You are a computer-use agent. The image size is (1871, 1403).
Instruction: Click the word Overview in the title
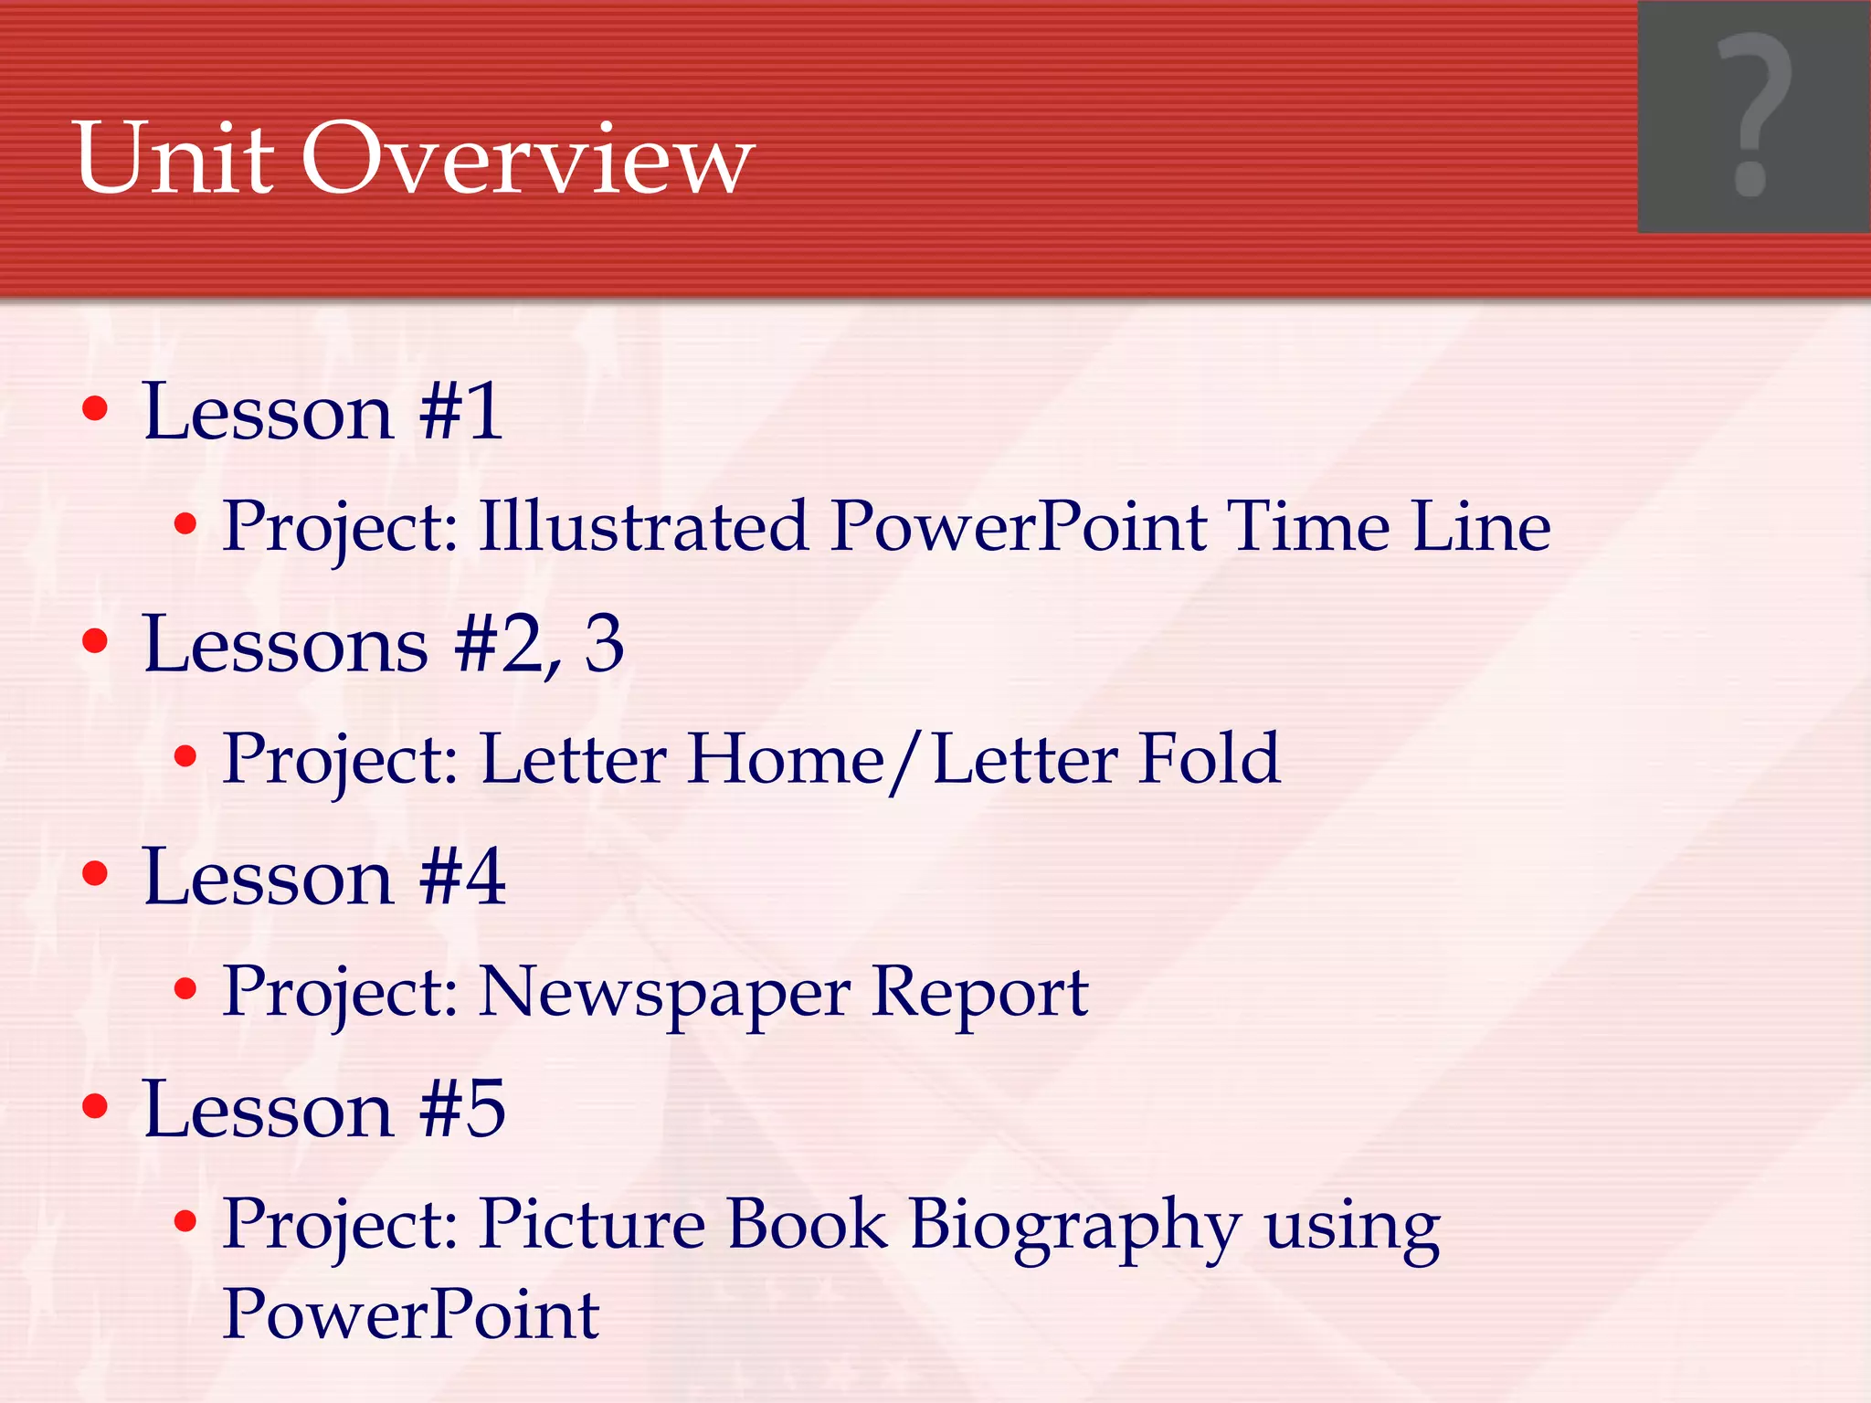tap(527, 159)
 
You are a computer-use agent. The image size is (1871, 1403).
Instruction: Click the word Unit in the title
tap(174, 159)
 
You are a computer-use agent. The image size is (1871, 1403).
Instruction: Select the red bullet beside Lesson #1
tap(95, 408)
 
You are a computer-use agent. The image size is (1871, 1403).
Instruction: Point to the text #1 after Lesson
tap(460, 412)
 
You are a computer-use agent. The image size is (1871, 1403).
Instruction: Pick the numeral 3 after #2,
tap(604, 644)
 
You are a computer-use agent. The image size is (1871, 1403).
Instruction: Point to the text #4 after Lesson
tap(462, 877)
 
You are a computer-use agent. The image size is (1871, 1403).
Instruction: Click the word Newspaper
tap(664, 994)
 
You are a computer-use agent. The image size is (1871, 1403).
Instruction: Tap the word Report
tap(979, 994)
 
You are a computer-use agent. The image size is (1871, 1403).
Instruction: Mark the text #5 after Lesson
tap(462, 1109)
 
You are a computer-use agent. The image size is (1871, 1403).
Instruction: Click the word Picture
tap(593, 1224)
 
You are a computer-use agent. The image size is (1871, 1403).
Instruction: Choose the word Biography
tap(1074, 1226)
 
